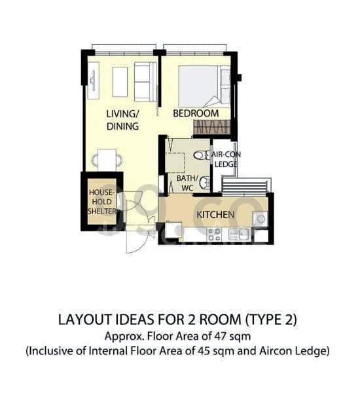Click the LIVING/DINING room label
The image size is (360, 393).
click(122, 120)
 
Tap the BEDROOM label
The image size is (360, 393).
click(195, 113)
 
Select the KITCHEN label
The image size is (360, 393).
click(215, 215)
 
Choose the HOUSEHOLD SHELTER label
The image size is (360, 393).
click(102, 202)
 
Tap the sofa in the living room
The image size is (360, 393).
click(145, 81)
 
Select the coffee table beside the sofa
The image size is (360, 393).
click(120, 81)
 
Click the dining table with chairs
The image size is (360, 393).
click(107, 159)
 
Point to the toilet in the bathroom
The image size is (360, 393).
click(200, 155)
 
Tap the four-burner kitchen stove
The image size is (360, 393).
click(213, 233)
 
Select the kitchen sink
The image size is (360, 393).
click(240, 233)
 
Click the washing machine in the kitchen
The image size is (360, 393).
click(260, 219)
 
